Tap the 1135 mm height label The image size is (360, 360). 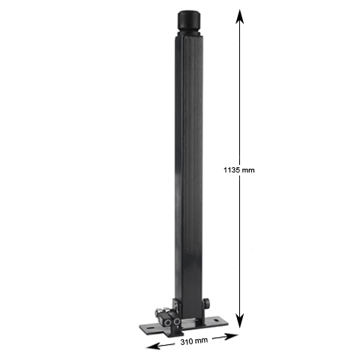click(x=240, y=170)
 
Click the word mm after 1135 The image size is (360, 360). click(x=249, y=170)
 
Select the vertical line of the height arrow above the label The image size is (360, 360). click(x=239, y=90)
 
